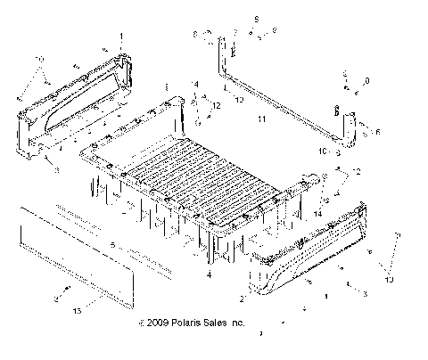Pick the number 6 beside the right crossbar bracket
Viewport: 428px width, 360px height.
tap(378, 132)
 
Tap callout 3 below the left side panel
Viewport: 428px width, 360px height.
tap(57, 169)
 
